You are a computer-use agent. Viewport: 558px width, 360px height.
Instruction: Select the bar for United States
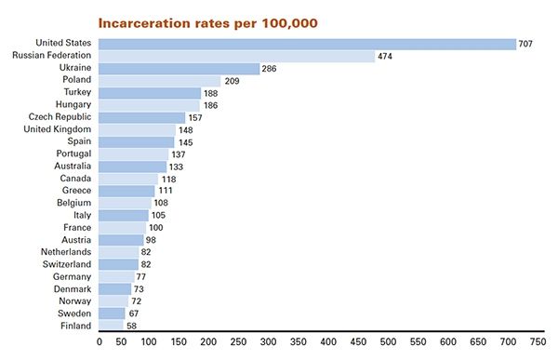[x=308, y=44]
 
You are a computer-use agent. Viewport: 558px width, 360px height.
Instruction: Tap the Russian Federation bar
[x=237, y=56]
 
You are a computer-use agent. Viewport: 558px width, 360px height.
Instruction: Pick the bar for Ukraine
[x=179, y=69]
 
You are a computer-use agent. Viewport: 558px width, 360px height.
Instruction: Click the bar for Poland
[x=160, y=81]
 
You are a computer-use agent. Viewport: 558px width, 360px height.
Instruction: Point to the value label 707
[x=525, y=44]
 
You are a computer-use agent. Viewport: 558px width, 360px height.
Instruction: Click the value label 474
[x=384, y=57]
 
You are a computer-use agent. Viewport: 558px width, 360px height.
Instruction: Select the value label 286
[x=270, y=69]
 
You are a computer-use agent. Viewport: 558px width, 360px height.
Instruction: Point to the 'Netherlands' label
[x=65, y=252]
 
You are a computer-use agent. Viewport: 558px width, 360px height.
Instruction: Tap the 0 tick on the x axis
[x=100, y=342]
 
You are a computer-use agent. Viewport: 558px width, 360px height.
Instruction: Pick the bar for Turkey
[x=150, y=93]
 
